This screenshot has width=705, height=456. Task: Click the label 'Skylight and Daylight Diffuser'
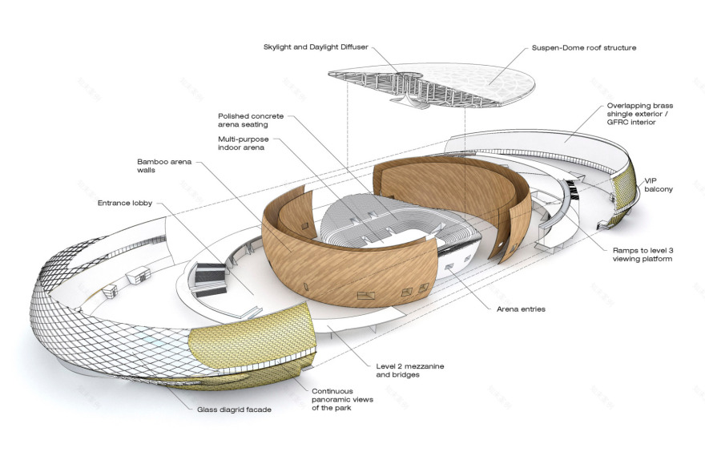click(316, 47)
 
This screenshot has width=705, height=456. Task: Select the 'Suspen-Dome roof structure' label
click(584, 48)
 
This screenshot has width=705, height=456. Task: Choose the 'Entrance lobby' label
click(124, 204)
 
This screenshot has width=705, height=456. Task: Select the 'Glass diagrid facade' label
click(234, 410)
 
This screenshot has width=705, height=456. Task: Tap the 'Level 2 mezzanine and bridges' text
click(409, 371)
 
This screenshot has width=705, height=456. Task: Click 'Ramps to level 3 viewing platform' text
click(639, 254)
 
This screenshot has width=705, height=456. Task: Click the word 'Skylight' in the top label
click(280, 47)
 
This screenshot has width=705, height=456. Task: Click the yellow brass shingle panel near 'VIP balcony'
click(625, 192)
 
